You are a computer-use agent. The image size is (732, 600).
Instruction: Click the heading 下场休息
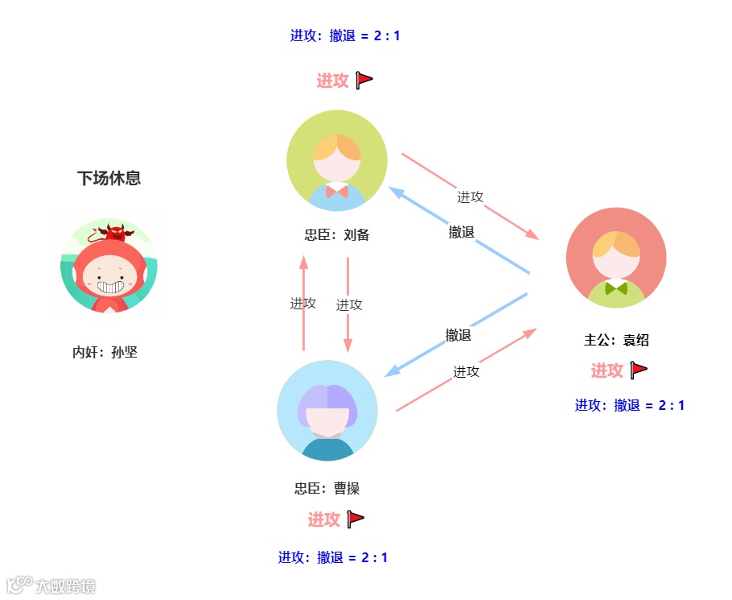click(109, 179)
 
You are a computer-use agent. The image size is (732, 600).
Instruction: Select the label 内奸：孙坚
click(105, 352)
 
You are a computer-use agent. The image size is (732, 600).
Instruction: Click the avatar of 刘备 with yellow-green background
click(337, 160)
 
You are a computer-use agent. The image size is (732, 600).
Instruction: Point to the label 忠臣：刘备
click(337, 235)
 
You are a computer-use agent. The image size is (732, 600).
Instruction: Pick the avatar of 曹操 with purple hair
click(327, 410)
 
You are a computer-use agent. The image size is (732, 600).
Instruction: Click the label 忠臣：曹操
click(327, 488)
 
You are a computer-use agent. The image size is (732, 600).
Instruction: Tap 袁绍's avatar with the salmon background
click(616, 258)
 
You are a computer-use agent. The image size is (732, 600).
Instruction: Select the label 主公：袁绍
click(616, 340)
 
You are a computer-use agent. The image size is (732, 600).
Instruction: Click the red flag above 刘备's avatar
click(364, 80)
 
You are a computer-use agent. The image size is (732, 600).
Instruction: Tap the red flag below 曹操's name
click(356, 519)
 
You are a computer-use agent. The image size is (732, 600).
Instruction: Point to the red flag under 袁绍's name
click(639, 370)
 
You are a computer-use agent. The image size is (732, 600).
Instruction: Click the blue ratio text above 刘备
click(345, 35)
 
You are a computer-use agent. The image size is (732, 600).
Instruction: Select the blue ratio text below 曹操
click(333, 557)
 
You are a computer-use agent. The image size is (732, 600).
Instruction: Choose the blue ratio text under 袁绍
click(630, 405)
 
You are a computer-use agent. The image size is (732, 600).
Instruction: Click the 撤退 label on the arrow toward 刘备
click(462, 233)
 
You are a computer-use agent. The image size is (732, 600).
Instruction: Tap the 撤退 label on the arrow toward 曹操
click(459, 335)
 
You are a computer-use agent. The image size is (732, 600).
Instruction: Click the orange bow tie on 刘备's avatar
click(337, 192)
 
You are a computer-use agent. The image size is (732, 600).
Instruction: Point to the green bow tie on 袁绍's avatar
click(616, 288)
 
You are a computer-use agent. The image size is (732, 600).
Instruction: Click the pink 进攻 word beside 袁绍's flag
click(607, 370)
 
